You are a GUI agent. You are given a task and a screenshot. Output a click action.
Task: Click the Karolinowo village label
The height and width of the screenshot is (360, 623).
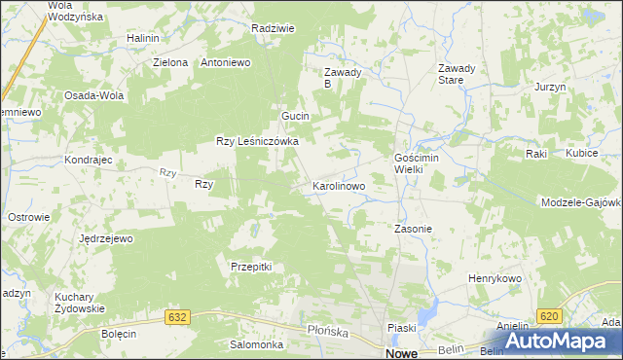point(338,185)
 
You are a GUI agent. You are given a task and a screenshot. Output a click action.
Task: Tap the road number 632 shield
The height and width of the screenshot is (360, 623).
point(176,317)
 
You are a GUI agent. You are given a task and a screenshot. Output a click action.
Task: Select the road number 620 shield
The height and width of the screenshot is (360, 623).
point(548,316)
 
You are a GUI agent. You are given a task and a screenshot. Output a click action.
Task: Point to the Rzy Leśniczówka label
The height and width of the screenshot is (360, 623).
point(257,141)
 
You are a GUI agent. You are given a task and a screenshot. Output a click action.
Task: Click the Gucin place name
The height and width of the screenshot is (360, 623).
point(295,116)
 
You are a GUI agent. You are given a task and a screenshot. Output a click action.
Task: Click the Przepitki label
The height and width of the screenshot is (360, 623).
point(250,266)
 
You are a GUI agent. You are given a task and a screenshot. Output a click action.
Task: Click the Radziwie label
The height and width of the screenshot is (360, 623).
point(273,29)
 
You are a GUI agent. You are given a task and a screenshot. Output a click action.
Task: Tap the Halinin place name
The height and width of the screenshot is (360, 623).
point(142,38)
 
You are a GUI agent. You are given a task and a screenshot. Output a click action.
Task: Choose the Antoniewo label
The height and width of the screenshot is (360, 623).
point(226,62)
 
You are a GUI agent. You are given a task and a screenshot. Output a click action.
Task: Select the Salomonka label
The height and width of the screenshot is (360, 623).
point(256,344)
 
